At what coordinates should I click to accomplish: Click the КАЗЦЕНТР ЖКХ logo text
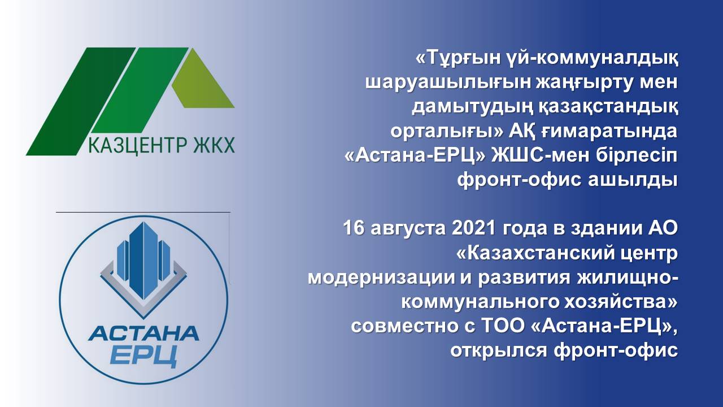point(162,145)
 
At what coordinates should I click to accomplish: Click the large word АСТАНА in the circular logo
point(143,333)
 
